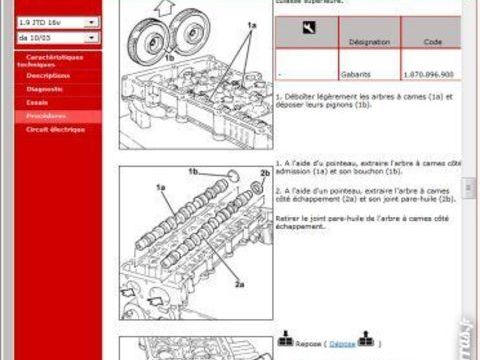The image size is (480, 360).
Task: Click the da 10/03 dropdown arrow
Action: (92, 38)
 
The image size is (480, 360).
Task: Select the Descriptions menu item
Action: (48, 76)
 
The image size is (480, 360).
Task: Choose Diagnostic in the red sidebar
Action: (44, 89)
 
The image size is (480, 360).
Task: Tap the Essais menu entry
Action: (38, 102)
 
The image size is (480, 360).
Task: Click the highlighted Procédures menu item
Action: (46, 116)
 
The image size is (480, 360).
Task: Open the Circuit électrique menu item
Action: (55, 129)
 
